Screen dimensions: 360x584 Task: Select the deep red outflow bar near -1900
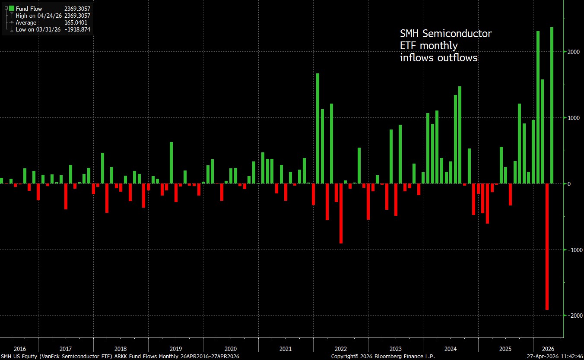click(547, 246)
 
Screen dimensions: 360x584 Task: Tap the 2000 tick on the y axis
click(573, 52)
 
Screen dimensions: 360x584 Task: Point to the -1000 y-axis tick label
click(574, 250)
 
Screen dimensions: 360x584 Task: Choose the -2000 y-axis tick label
click(574, 316)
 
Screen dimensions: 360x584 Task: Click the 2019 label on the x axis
click(175, 349)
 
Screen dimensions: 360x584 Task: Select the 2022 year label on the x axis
click(340, 349)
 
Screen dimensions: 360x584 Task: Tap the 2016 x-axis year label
click(20, 349)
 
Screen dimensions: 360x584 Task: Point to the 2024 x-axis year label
click(451, 349)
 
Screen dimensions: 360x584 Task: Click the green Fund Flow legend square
click(12, 9)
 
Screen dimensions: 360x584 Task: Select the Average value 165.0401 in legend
click(77, 22)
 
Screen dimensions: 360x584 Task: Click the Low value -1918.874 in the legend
click(77, 29)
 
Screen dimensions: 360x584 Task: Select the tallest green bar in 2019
click(171, 163)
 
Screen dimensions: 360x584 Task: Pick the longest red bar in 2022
click(341, 214)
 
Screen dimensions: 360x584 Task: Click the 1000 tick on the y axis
click(573, 118)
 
